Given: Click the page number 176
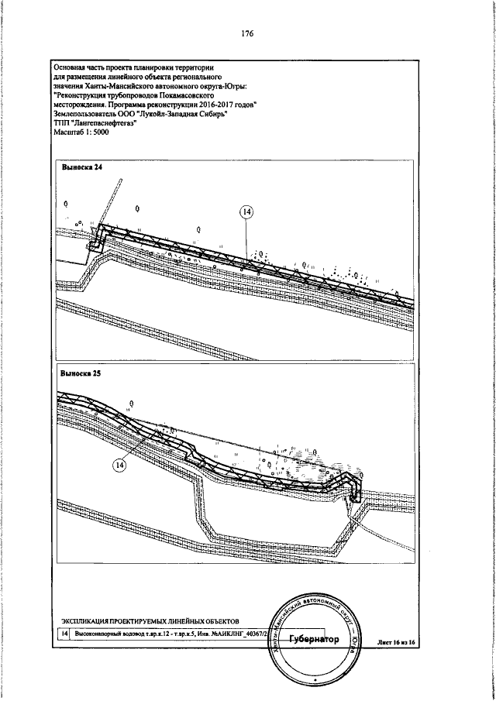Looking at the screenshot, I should click(247, 33).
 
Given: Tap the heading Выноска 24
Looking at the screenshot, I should click(81, 168).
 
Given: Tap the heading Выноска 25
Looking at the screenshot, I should click(81, 373).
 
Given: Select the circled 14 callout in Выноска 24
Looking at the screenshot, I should click(246, 211).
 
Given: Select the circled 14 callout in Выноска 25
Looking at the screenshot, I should click(120, 465).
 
